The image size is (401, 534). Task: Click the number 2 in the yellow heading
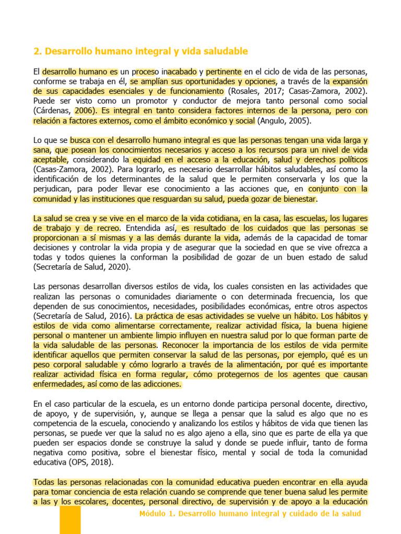tap(36, 51)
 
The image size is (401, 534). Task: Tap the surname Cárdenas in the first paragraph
tap(54, 111)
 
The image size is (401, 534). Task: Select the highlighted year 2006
tap(85, 111)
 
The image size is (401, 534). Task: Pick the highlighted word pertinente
tap(223, 71)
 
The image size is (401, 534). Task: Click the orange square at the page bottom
tap(70, 520)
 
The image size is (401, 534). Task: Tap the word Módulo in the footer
tap(155, 514)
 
